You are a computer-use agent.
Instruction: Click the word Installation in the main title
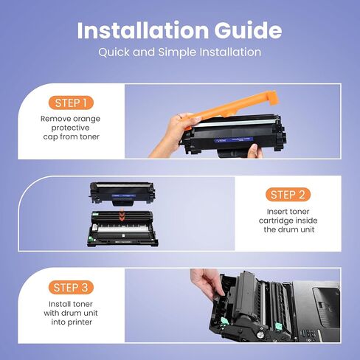143,30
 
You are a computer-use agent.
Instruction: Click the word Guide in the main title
248,30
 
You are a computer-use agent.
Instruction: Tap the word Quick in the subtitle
114,52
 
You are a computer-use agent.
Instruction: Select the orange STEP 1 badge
71,103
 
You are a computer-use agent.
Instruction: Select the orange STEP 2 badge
288,195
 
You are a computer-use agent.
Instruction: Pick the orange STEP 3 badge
71,287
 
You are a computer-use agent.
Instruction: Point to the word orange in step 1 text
86,119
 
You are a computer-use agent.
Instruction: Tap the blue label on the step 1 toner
234,140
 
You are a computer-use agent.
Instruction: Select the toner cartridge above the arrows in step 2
122,194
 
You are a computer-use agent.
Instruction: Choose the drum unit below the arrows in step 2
122,229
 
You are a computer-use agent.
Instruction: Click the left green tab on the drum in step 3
224,320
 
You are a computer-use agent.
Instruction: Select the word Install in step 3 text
60,304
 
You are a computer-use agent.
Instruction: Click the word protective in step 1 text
70,128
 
